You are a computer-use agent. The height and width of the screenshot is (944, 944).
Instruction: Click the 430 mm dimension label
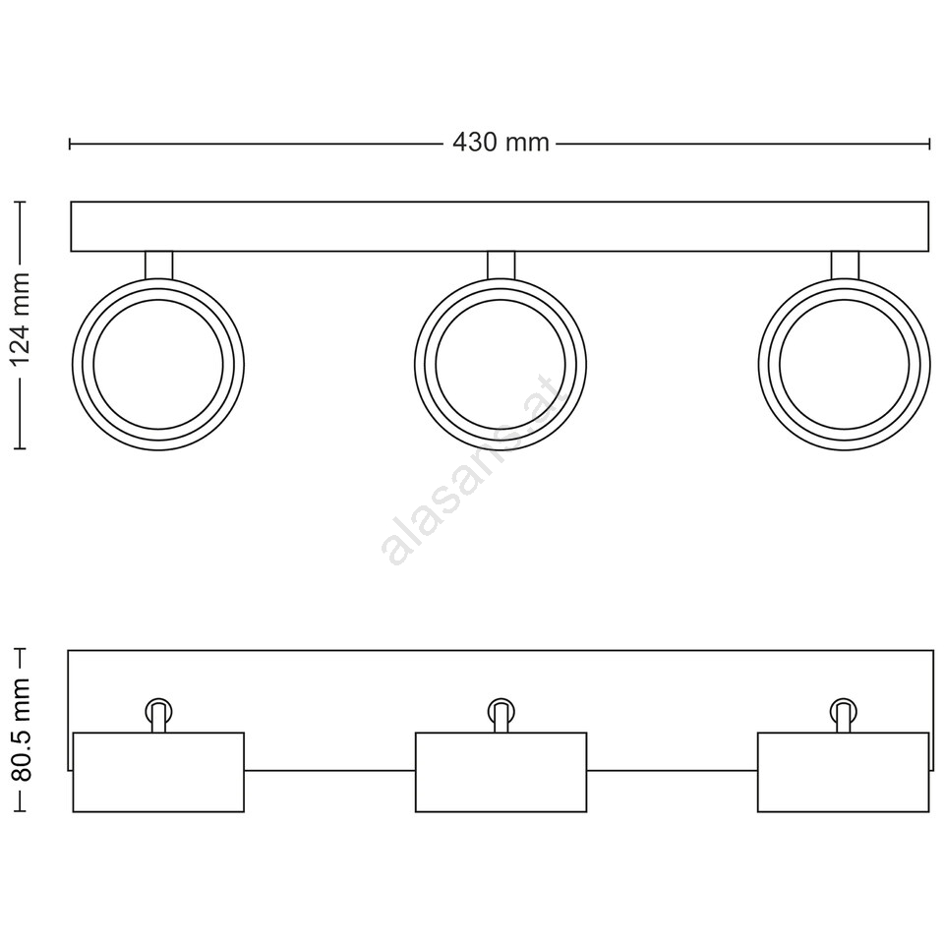pyautogui.click(x=501, y=143)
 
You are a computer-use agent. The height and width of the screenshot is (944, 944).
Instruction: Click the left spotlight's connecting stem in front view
pyautogui.click(x=159, y=265)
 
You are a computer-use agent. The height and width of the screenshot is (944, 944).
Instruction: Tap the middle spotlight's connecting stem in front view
pyautogui.click(x=501, y=265)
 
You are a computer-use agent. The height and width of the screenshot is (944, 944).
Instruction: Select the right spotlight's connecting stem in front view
pyautogui.click(x=845, y=265)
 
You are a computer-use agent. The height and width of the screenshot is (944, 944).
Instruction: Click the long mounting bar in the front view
pyautogui.click(x=500, y=226)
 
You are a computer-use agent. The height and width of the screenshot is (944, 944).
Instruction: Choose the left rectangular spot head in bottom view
pyautogui.click(x=158, y=772)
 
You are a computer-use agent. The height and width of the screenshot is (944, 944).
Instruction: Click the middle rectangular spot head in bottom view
pyautogui.click(x=501, y=772)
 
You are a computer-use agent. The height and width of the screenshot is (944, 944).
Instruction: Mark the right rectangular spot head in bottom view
pyautogui.click(x=843, y=772)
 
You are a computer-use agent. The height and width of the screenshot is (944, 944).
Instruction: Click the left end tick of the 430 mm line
pyautogui.click(x=71, y=144)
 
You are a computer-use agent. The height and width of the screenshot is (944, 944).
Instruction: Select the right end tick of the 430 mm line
pyautogui.click(x=930, y=144)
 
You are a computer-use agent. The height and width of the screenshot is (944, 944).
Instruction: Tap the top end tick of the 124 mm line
pyautogui.click(x=21, y=202)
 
